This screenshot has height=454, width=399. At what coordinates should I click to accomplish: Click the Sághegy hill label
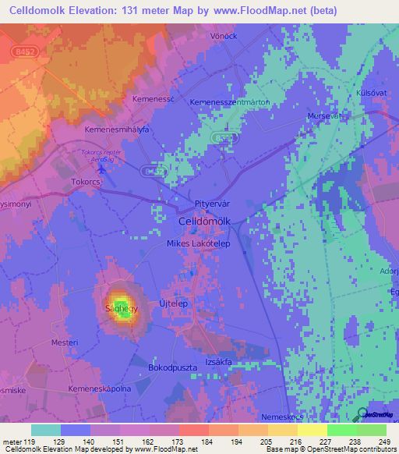(118, 308)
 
